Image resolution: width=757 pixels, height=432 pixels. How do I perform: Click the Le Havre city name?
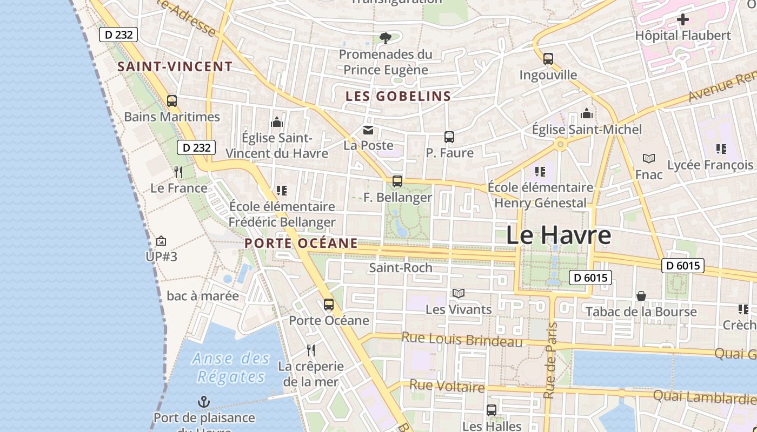click(559, 235)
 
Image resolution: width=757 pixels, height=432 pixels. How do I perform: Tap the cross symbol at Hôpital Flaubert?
click(683, 20)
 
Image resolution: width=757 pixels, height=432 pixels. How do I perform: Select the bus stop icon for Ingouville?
click(548, 58)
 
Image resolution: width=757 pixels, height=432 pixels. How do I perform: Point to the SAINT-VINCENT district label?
click(175, 67)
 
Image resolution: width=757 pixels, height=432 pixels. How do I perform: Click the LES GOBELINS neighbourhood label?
click(398, 97)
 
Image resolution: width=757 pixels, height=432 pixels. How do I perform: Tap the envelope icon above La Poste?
click(368, 130)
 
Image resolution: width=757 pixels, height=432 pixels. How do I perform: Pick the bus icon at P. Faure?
click(449, 137)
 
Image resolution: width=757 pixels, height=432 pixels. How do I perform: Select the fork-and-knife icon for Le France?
click(178, 172)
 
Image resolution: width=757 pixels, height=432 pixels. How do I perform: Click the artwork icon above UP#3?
click(161, 241)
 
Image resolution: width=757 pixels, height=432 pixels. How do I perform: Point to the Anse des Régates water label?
click(231, 367)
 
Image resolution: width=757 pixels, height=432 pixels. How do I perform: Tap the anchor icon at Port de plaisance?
click(204, 402)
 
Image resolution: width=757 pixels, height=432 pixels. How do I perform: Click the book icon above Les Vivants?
click(459, 293)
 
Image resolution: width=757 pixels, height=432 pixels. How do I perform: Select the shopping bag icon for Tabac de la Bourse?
click(641, 296)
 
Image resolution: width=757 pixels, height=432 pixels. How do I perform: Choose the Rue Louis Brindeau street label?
click(462, 340)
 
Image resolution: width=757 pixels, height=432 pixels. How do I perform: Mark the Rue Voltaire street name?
click(447, 386)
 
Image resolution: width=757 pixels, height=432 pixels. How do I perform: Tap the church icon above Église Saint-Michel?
click(587, 114)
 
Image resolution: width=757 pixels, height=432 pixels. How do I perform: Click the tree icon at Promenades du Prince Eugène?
click(385, 38)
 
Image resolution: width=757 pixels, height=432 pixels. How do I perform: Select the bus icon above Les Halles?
click(491, 410)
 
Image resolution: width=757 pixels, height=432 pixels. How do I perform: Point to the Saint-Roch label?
click(400, 267)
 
